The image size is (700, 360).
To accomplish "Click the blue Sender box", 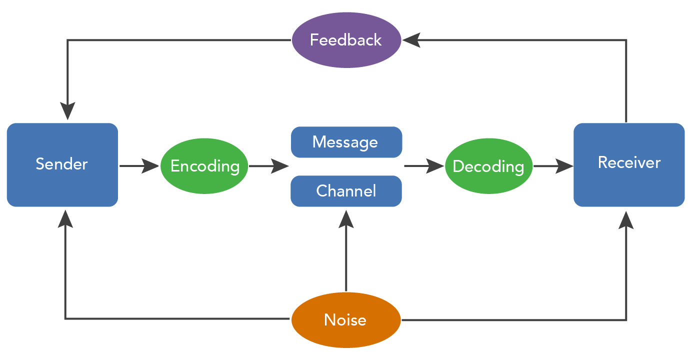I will (x=62, y=164).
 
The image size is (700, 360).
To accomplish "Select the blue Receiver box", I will (x=628, y=164).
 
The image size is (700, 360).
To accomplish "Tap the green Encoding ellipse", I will (x=204, y=166).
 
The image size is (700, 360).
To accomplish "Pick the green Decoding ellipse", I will (x=488, y=166).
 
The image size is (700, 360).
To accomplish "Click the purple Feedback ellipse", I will (x=346, y=40).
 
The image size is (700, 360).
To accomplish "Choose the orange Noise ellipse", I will (x=345, y=320).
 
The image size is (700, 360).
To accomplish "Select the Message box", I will (x=346, y=142).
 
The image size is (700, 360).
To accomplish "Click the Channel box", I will (x=346, y=190).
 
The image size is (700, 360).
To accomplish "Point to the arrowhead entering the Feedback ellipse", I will (x=411, y=40).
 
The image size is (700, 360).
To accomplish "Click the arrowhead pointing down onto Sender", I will (x=67, y=111).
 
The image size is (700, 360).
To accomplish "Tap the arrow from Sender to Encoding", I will (x=139, y=165).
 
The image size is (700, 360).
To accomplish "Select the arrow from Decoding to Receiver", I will (x=553, y=165).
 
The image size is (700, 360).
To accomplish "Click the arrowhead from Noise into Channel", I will (x=345, y=219).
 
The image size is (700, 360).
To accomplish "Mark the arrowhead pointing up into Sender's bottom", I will (x=65, y=219).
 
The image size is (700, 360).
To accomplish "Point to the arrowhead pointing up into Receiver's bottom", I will (x=626, y=219).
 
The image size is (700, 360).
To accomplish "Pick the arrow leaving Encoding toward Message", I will (x=269, y=165).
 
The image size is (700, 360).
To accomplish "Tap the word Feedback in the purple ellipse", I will (x=346, y=40).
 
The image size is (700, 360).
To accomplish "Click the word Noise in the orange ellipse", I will (x=345, y=320).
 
